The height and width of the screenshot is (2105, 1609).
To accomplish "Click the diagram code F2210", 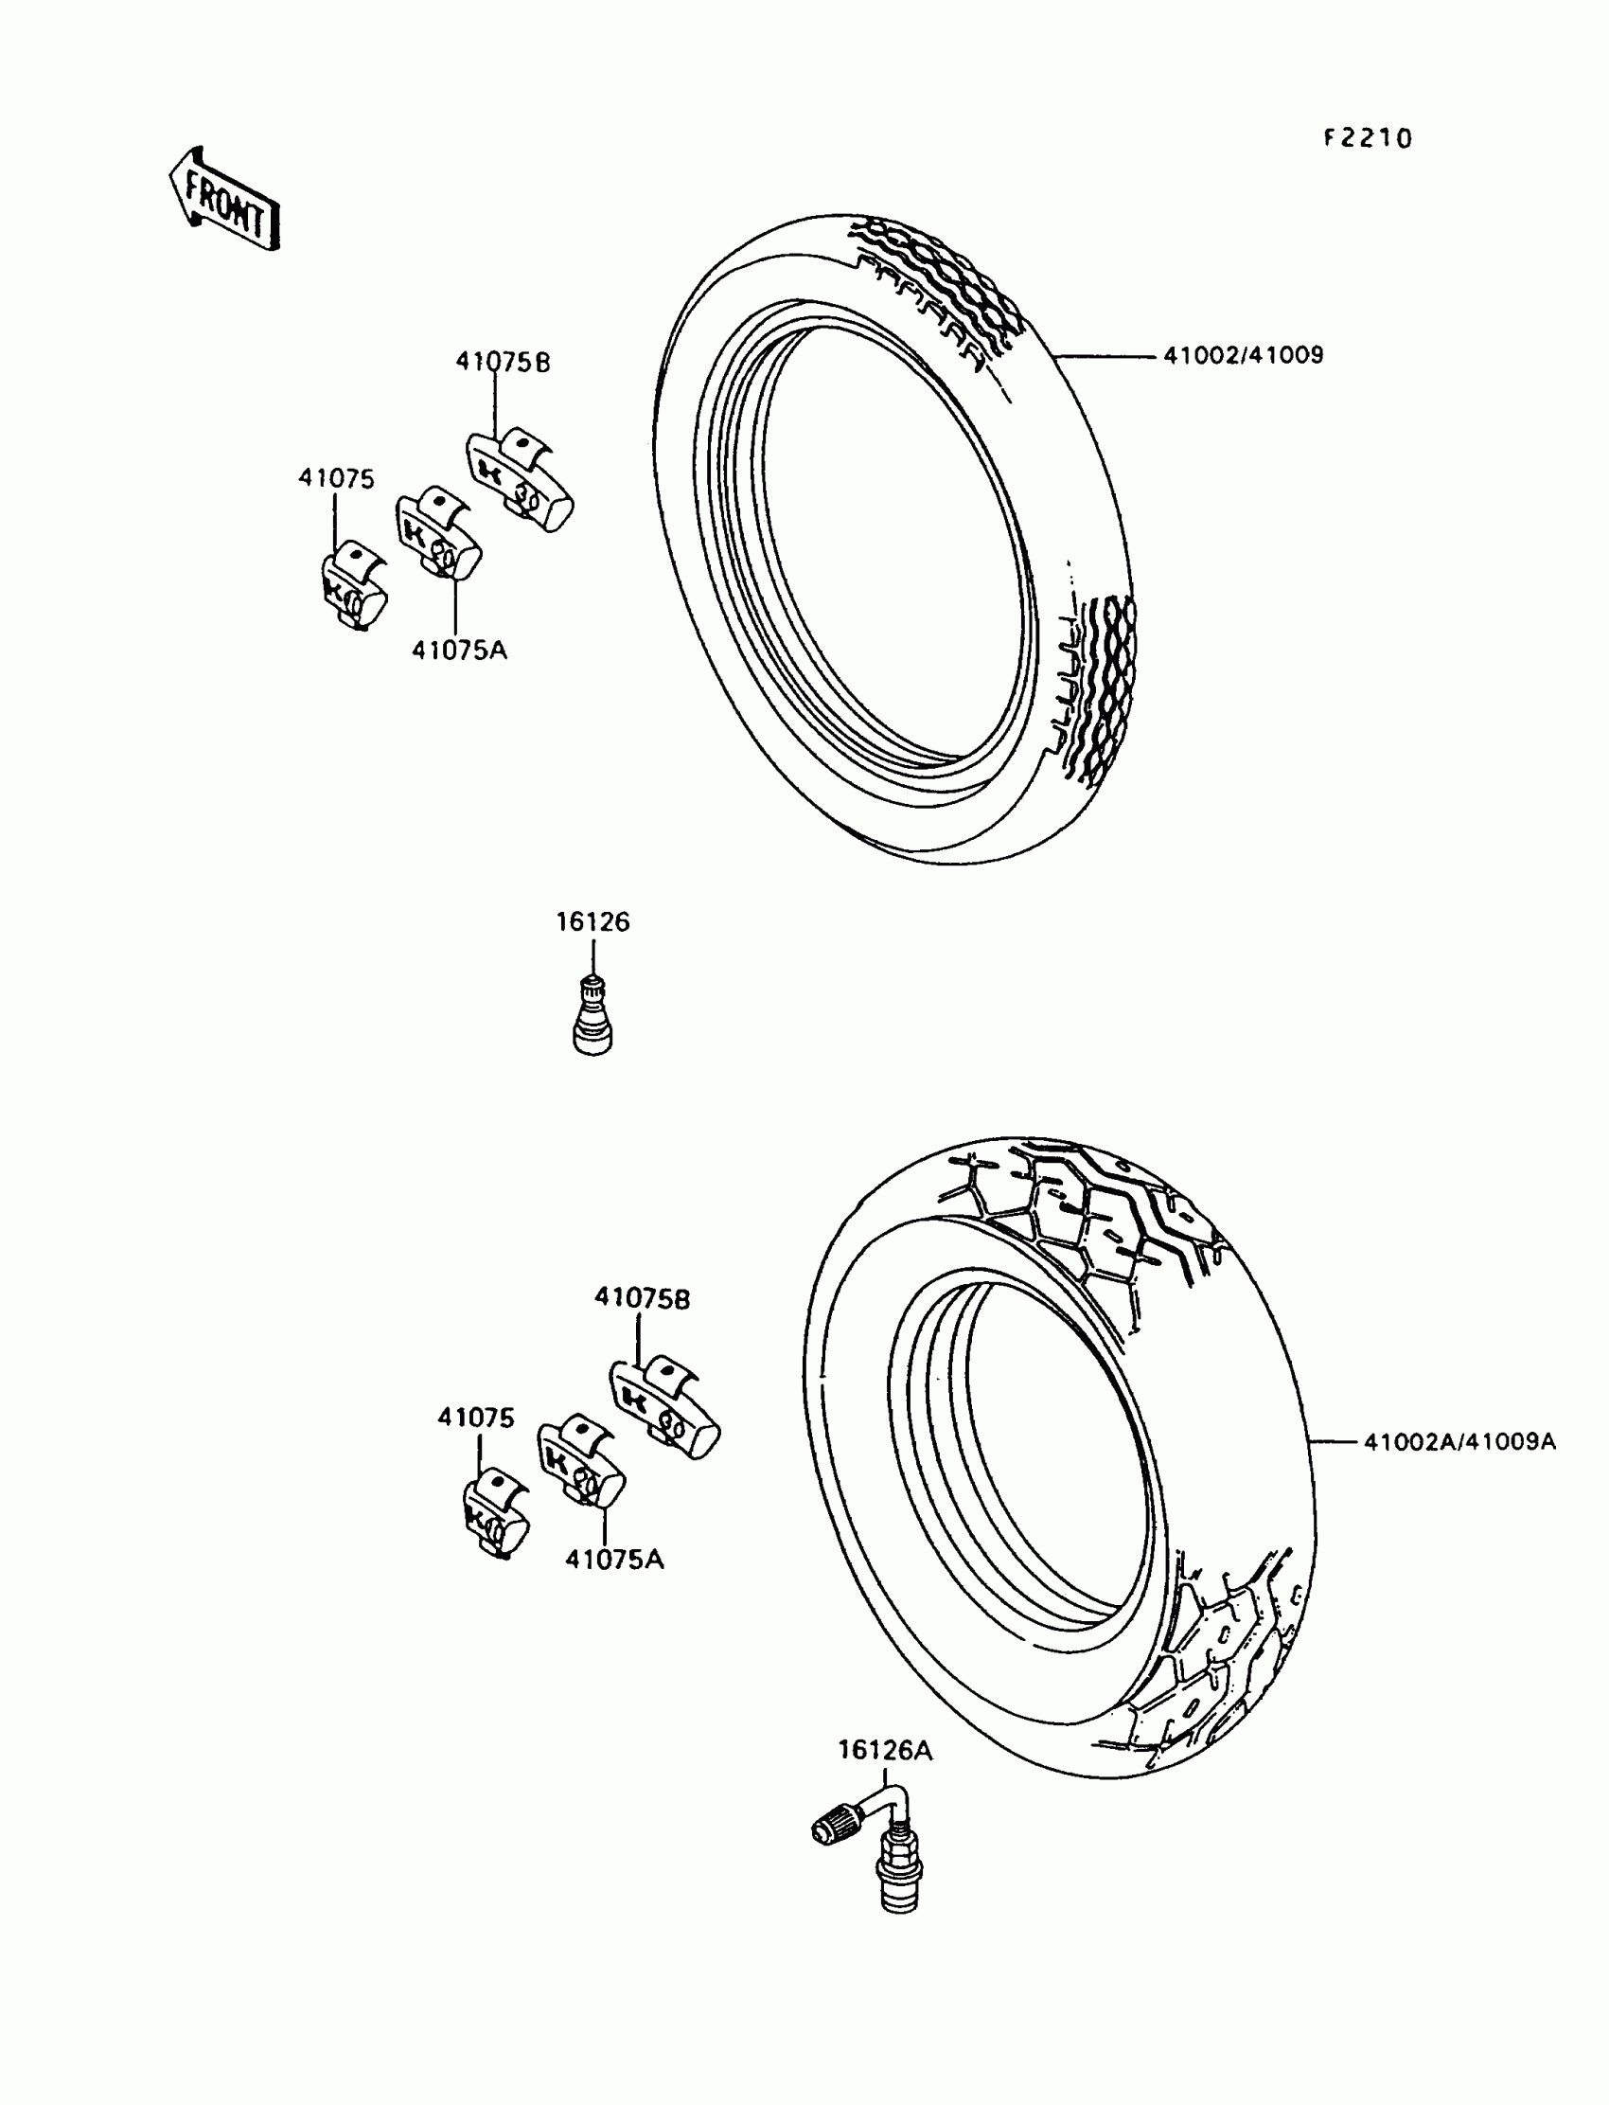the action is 1368,139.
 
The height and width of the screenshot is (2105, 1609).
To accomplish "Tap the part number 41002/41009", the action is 1243,355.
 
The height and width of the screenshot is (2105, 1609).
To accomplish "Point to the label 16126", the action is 592,922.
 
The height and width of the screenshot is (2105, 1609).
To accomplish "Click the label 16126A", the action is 885,1752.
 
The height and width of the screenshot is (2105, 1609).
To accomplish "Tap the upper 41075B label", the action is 503,362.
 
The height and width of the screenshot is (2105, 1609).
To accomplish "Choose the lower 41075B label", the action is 642,1299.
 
